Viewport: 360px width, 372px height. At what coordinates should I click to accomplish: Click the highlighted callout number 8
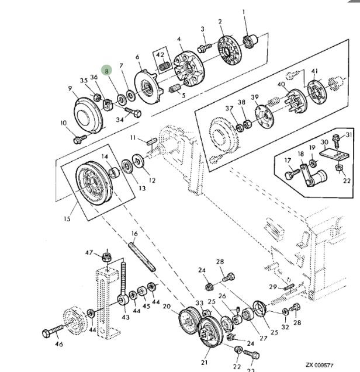pyautogui.click(x=106, y=71)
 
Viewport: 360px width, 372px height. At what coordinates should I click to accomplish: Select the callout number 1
pyautogui.click(x=244, y=12)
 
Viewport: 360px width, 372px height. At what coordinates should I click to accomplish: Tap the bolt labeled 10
pyautogui.click(x=78, y=139)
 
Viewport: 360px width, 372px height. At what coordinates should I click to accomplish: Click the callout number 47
pyautogui.click(x=89, y=253)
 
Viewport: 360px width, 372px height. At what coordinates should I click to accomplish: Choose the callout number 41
pyautogui.click(x=314, y=71)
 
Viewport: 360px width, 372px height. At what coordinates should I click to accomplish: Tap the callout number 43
pyautogui.click(x=126, y=317)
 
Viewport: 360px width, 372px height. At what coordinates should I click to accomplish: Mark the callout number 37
pyautogui.click(x=229, y=107)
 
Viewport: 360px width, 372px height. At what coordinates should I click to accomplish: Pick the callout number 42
pyautogui.click(x=160, y=55)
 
